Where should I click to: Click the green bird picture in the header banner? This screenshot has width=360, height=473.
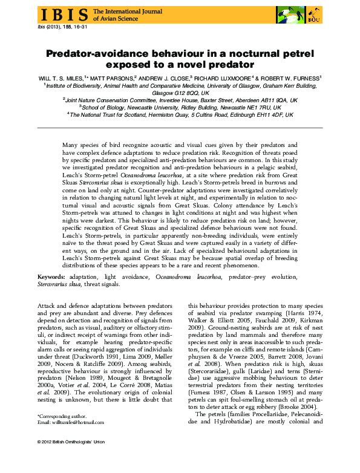[x=285, y=13]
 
